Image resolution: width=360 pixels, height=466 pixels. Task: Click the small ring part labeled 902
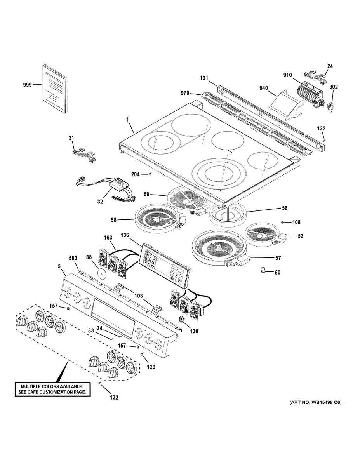coord(331,106)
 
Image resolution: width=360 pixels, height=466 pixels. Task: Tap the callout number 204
coord(135,175)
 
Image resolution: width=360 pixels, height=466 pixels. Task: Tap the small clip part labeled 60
coord(263,270)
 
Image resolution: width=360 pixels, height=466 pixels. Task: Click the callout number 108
coord(297,223)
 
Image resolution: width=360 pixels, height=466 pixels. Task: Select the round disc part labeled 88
coord(102,274)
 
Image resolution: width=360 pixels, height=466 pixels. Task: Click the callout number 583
coord(73,258)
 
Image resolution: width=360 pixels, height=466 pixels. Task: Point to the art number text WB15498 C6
coord(315,403)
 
